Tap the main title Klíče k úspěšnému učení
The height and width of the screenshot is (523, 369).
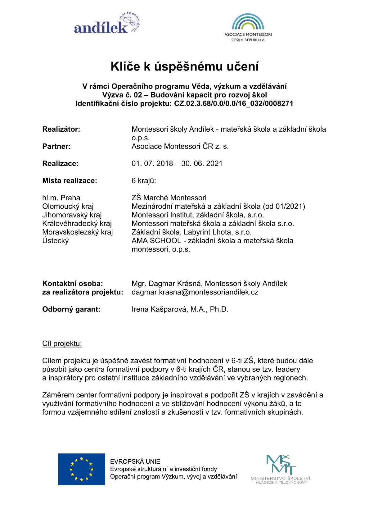[x=185, y=66]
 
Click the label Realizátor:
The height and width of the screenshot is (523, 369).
[x=61, y=129]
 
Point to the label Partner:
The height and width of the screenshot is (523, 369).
[x=56, y=146]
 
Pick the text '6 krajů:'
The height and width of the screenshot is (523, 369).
[x=144, y=180]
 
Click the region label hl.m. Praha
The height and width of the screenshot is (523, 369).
[x=61, y=198]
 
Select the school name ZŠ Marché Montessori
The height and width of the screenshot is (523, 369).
[x=169, y=198]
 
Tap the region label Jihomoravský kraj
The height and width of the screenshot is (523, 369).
[x=72, y=215]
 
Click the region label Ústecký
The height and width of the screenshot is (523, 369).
[x=56, y=241]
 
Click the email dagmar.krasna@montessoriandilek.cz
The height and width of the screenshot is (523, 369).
[x=195, y=292]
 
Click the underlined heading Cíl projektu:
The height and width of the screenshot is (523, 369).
[x=62, y=343]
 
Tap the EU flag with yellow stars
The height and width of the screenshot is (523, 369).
[x=81, y=469]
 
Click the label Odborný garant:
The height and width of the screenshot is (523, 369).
[x=71, y=309]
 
